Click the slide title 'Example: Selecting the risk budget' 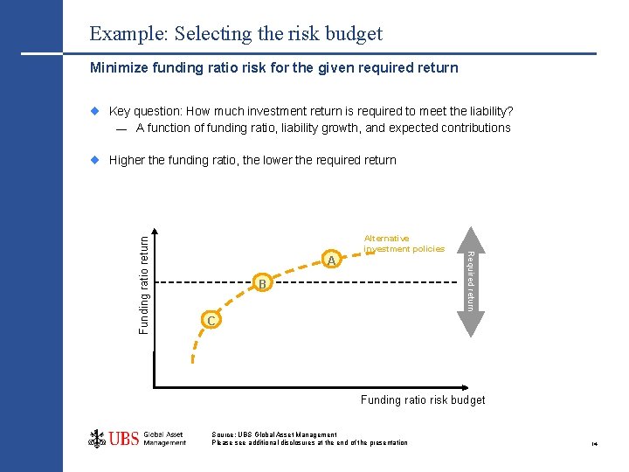[x=236, y=34]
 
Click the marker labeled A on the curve [x=331, y=260]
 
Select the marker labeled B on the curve [x=262, y=283]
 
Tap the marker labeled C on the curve [x=210, y=321]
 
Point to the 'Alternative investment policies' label [x=404, y=243]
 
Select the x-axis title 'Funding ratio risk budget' [x=423, y=399]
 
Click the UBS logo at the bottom [x=137, y=438]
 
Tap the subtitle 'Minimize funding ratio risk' [x=274, y=67]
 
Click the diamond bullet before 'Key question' [x=96, y=111]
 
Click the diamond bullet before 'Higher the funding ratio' [x=96, y=160]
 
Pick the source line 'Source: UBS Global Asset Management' [x=273, y=434]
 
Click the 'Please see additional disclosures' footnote [x=309, y=443]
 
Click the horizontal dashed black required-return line [x=367, y=281]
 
